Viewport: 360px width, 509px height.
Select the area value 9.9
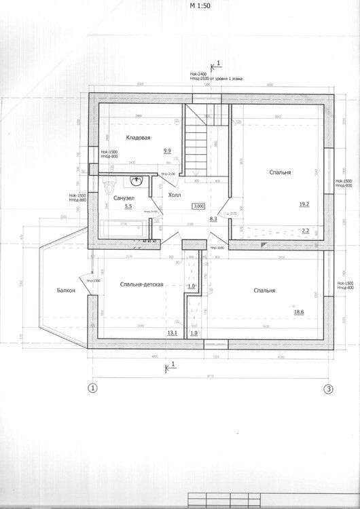coord(167,151)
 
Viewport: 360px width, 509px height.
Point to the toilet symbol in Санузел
coord(107,187)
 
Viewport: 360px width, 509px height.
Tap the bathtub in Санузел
coord(120,229)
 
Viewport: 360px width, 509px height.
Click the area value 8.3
coord(213,219)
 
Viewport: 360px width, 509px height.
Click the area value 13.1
coord(172,333)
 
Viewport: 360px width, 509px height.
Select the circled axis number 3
coord(328,389)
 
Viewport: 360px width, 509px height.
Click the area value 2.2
coord(305,231)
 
